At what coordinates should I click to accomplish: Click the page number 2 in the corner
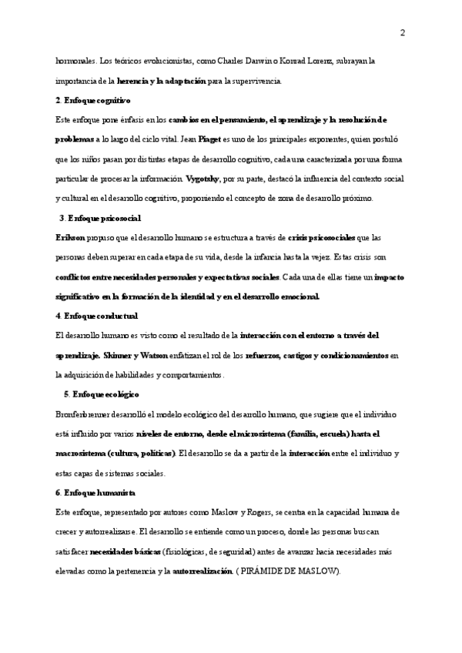point(402,32)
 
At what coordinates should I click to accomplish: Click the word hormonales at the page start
point(75,61)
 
